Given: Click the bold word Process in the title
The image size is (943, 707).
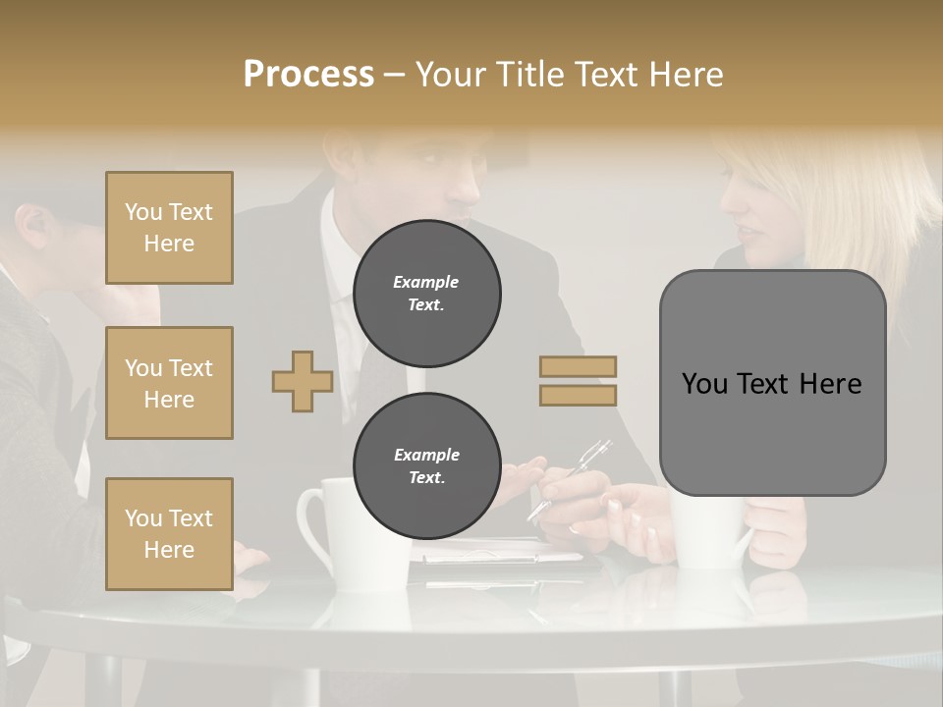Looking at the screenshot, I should (x=308, y=75).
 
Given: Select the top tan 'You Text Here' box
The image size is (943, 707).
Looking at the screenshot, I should (x=169, y=228).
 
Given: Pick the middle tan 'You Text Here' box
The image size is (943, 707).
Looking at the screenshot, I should (x=169, y=383).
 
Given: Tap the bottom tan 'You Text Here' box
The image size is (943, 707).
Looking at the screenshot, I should (x=169, y=533).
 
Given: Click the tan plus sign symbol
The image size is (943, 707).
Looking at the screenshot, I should (x=303, y=381).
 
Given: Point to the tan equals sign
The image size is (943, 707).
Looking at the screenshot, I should (x=578, y=381).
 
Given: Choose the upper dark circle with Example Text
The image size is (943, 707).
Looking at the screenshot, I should (x=426, y=293).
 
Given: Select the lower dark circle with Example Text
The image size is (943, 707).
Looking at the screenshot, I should (x=426, y=466).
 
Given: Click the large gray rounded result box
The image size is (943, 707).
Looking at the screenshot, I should (x=772, y=383).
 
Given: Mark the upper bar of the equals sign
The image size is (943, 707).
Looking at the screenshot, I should (x=578, y=366).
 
